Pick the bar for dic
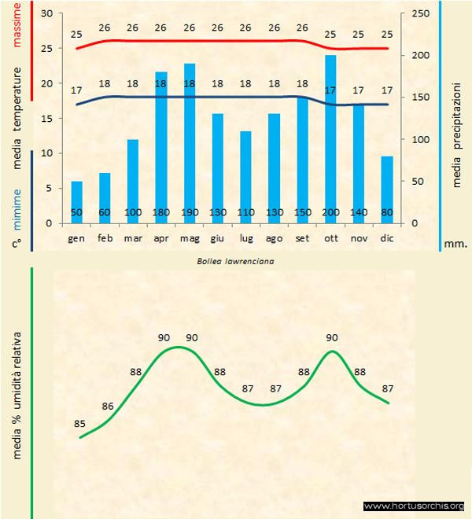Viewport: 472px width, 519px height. point(387,189)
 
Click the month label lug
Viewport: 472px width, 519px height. point(245,237)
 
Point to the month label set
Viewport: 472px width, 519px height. point(302,237)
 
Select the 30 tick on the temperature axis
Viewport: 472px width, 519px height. point(46,14)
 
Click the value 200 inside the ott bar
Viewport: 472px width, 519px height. point(330,213)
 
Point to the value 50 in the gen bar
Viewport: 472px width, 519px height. point(76,213)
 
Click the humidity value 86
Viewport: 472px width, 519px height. point(109,407)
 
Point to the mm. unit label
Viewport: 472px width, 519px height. point(455,244)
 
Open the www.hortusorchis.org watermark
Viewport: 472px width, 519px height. point(415,506)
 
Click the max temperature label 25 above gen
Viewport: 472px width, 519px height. point(76,35)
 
